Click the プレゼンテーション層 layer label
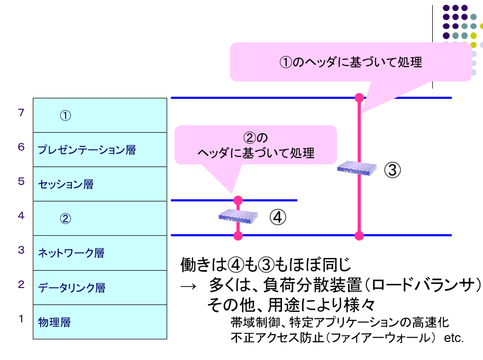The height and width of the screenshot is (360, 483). click(87, 150)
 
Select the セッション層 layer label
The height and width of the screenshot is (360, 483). click(66, 184)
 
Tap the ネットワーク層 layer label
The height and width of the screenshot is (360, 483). click(71, 253)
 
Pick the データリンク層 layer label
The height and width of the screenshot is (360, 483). click(71, 288)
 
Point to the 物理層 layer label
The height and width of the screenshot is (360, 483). click(54, 322)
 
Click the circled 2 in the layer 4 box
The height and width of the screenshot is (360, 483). click(65, 219)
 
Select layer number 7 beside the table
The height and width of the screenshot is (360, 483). click(21, 113)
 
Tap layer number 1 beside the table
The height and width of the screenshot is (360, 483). click(21, 319)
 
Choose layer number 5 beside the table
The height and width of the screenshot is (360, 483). click(21, 181)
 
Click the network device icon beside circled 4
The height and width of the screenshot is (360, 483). click(238, 215)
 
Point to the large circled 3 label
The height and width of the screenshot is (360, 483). click(393, 170)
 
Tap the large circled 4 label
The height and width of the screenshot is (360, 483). click(278, 217)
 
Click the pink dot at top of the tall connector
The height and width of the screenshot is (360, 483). click(360, 98)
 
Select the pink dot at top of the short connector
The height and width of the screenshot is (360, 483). click(238, 200)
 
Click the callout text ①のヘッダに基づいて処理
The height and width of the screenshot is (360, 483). click(350, 62)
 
